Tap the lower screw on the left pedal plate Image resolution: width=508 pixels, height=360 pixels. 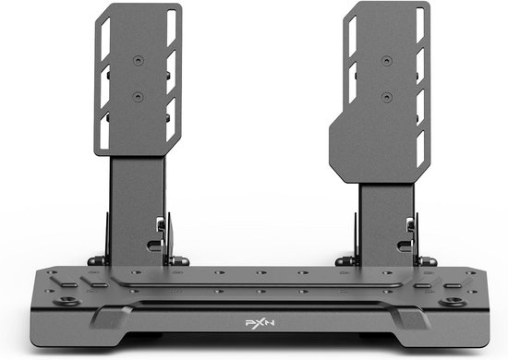[x=139, y=96]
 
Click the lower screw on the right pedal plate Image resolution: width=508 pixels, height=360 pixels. [x=384, y=96]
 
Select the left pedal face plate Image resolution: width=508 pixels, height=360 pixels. [x=139, y=78]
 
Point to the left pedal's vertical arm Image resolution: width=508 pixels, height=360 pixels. [x=138, y=208]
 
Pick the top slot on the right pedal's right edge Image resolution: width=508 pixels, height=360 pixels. [x=421, y=32]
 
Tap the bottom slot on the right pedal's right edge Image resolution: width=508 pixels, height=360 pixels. [x=421, y=148]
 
